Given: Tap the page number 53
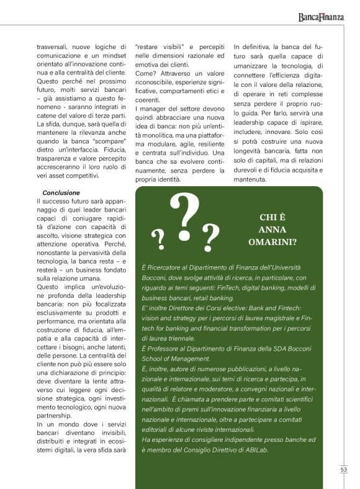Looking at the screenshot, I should pyautogui.click(x=343, y=470).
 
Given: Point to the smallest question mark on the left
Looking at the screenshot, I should pyautogui.click(x=158, y=236).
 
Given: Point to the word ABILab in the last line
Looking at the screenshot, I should pyautogui.click(x=256, y=450).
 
